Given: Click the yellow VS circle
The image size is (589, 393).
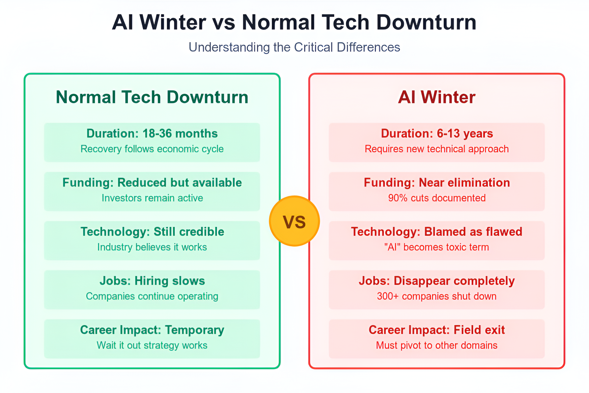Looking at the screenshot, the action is [294, 221].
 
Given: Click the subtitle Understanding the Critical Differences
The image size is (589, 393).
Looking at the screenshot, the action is [294, 48].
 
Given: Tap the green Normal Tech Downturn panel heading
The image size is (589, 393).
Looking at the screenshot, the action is [152, 97].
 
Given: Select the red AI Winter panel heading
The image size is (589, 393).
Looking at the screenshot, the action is [437, 97].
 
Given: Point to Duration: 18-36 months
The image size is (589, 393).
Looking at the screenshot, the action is [152, 133].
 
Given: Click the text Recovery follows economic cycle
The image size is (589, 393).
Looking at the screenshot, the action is [152, 149].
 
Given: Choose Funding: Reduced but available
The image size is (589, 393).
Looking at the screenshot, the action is [152, 183].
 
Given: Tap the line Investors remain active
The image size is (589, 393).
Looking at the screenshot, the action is [152, 198].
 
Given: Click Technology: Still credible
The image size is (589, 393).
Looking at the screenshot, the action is [152, 232].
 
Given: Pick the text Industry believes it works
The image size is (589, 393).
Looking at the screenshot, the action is [152, 247].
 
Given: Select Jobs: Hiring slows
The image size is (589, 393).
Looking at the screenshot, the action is [152, 281].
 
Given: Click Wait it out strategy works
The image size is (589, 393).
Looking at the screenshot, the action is [152, 345].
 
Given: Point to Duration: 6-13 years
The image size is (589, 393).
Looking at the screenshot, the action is [437, 133].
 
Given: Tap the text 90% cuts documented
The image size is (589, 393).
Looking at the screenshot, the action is [437, 198].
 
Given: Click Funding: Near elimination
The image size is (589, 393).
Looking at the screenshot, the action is [437, 183].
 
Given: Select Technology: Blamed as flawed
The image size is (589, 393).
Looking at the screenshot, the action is [437, 232].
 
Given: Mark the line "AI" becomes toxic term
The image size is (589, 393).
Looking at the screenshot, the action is [437, 247].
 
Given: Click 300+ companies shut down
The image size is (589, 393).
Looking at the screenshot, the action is [437, 296].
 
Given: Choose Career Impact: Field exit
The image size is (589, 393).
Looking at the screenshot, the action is [437, 330].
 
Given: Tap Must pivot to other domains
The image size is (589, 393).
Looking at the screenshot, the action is [437, 345].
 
